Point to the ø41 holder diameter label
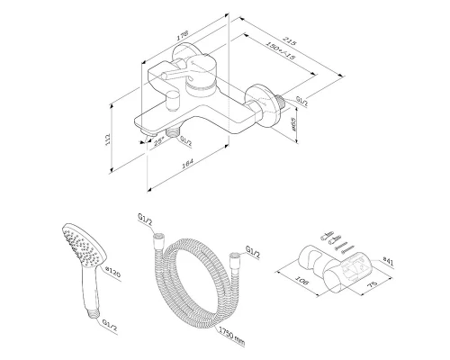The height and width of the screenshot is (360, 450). click(x=384, y=262)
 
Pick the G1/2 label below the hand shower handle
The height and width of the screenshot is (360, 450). click(x=107, y=324)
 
